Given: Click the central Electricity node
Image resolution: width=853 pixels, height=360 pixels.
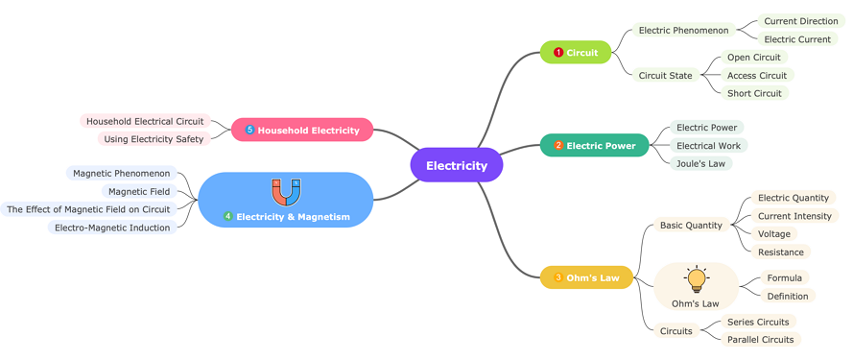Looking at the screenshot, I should (x=457, y=165).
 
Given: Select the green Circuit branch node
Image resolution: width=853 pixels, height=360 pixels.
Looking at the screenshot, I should (x=576, y=53).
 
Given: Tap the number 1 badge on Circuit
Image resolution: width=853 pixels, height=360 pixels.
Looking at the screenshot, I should (x=558, y=53).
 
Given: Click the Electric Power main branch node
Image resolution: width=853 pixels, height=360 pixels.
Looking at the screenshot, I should (x=595, y=146).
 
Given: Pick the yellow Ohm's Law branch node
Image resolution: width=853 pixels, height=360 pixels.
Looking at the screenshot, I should (x=586, y=278).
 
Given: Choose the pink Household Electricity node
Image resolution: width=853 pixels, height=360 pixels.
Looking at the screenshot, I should (x=302, y=130).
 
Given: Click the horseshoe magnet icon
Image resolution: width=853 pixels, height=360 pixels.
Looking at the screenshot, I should (x=286, y=192).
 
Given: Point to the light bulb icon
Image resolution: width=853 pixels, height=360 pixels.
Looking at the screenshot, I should (x=697, y=279).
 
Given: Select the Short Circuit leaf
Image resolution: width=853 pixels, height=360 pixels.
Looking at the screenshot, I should (x=754, y=93).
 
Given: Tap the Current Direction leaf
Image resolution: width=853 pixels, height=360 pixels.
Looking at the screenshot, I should (x=800, y=21).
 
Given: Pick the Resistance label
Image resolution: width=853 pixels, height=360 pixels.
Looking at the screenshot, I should (x=780, y=252).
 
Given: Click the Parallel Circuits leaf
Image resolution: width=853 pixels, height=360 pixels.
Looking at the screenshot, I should (x=760, y=339).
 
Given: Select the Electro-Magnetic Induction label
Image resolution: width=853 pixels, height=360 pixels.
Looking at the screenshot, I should (x=112, y=228).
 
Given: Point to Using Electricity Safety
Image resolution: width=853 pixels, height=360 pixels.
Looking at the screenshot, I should (x=154, y=139).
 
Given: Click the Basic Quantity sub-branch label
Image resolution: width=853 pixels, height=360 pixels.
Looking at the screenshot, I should (x=691, y=226).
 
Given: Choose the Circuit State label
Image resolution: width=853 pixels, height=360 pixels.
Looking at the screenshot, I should (x=665, y=75).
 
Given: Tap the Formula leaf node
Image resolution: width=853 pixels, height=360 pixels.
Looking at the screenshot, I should (x=784, y=278).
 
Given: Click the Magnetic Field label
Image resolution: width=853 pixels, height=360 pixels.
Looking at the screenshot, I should (x=139, y=191).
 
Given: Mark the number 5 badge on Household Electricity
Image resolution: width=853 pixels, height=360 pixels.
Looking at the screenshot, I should (x=249, y=130).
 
